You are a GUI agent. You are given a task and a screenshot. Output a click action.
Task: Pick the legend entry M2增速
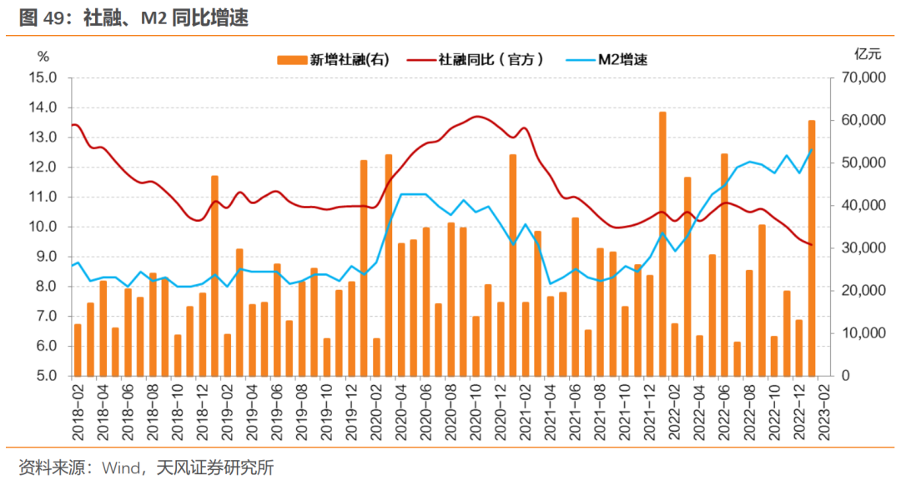pos(622,59)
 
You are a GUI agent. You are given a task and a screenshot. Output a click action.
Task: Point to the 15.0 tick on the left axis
pos(43,77)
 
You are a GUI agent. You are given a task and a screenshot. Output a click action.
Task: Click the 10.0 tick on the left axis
pos(43,227)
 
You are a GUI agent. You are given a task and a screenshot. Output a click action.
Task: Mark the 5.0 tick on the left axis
pos(46,376)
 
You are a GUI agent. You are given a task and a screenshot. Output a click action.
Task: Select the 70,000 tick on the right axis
pos(860,77)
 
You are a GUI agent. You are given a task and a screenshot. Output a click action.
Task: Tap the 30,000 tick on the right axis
pos(860,248)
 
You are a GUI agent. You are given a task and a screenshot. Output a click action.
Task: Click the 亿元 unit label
pos(867,55)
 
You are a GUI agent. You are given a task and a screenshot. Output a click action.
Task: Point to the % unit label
pos(43,56)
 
